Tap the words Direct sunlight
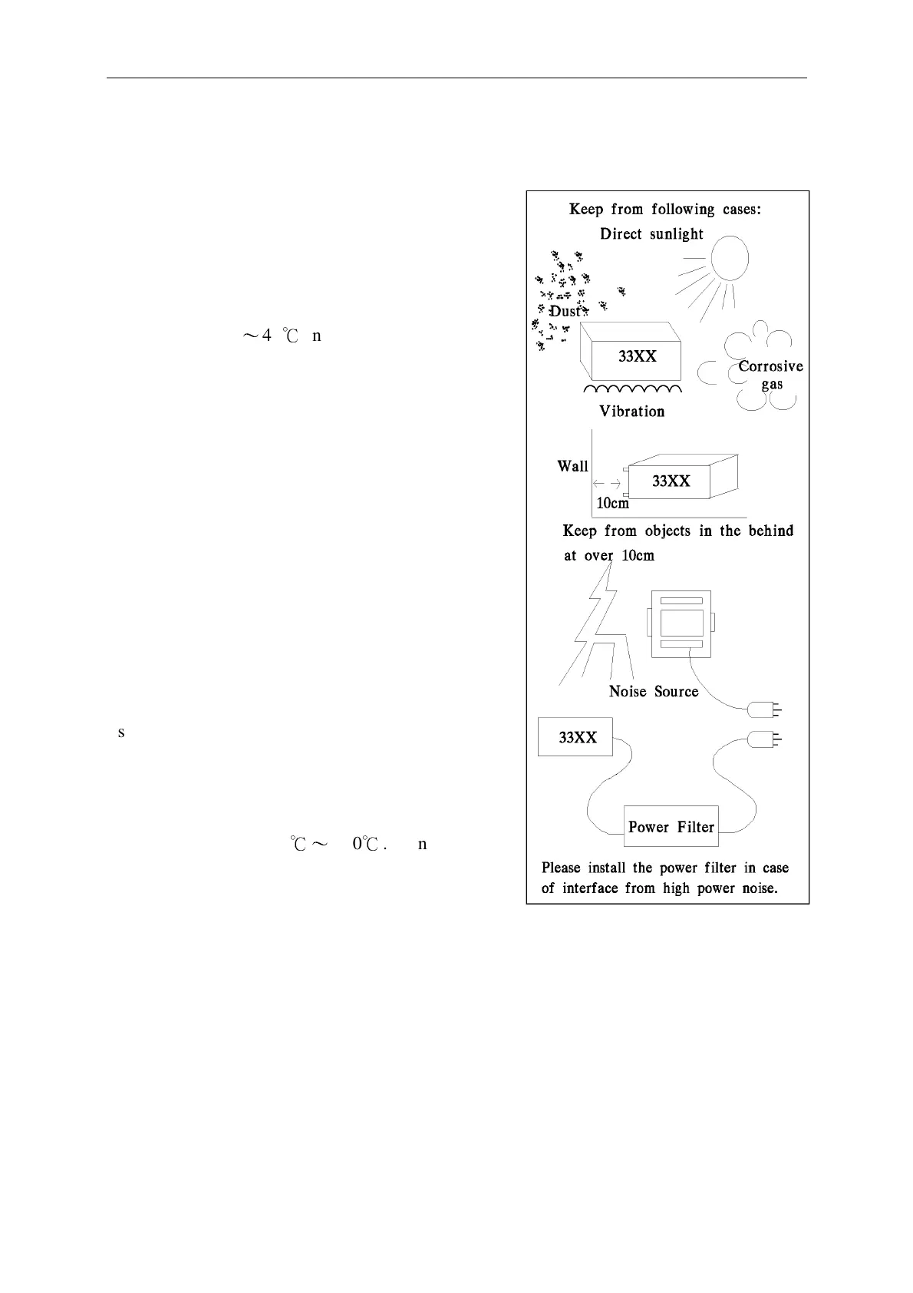tap(651, 234)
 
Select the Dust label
tap(565, 311)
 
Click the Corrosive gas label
tap(771, 375)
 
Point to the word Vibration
tap(632, 412)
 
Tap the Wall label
tap(573, 466)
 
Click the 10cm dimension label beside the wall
tap(612, 504)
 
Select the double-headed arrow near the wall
tap(607, 484)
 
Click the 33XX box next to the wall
tap(671, 481)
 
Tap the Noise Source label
tap(654, 692)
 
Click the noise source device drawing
tap(681, 623)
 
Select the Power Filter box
tap(671, 827)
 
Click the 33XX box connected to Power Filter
tap(577, 737)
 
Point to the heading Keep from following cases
tap(664, 210)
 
